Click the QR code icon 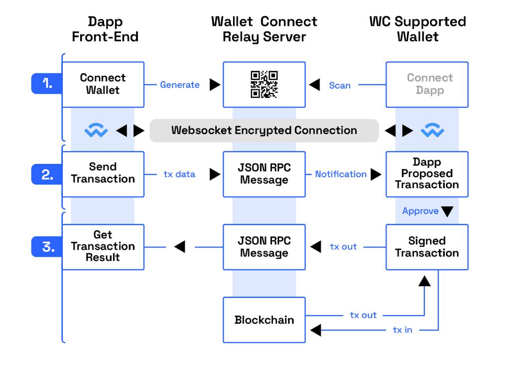(264, 84)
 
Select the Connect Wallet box (103, 84)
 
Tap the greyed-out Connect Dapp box (427, 84)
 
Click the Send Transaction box (103, 174)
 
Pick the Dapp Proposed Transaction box (427, 174)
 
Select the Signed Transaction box (427, 247)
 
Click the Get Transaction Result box (103, 247)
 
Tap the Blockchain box (264, 320)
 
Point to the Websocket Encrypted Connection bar (264, 131)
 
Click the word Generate (180, 85)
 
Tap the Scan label (340, 85)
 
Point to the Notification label (341, 174)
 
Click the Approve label (420, 211)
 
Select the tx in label (402, 330)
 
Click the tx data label (179, 174)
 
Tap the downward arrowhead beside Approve (447, 211)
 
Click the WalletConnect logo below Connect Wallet (96, 131)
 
